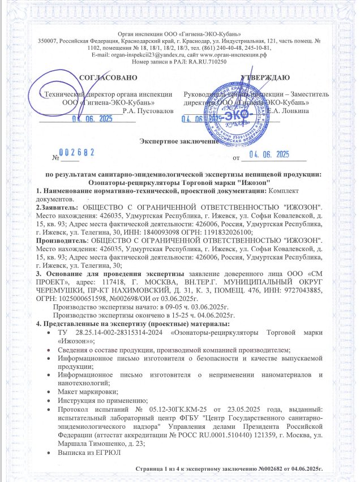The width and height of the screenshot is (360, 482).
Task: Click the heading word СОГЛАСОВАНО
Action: tap(107, 77)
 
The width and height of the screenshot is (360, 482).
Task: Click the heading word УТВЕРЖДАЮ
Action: tap(265, 77)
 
